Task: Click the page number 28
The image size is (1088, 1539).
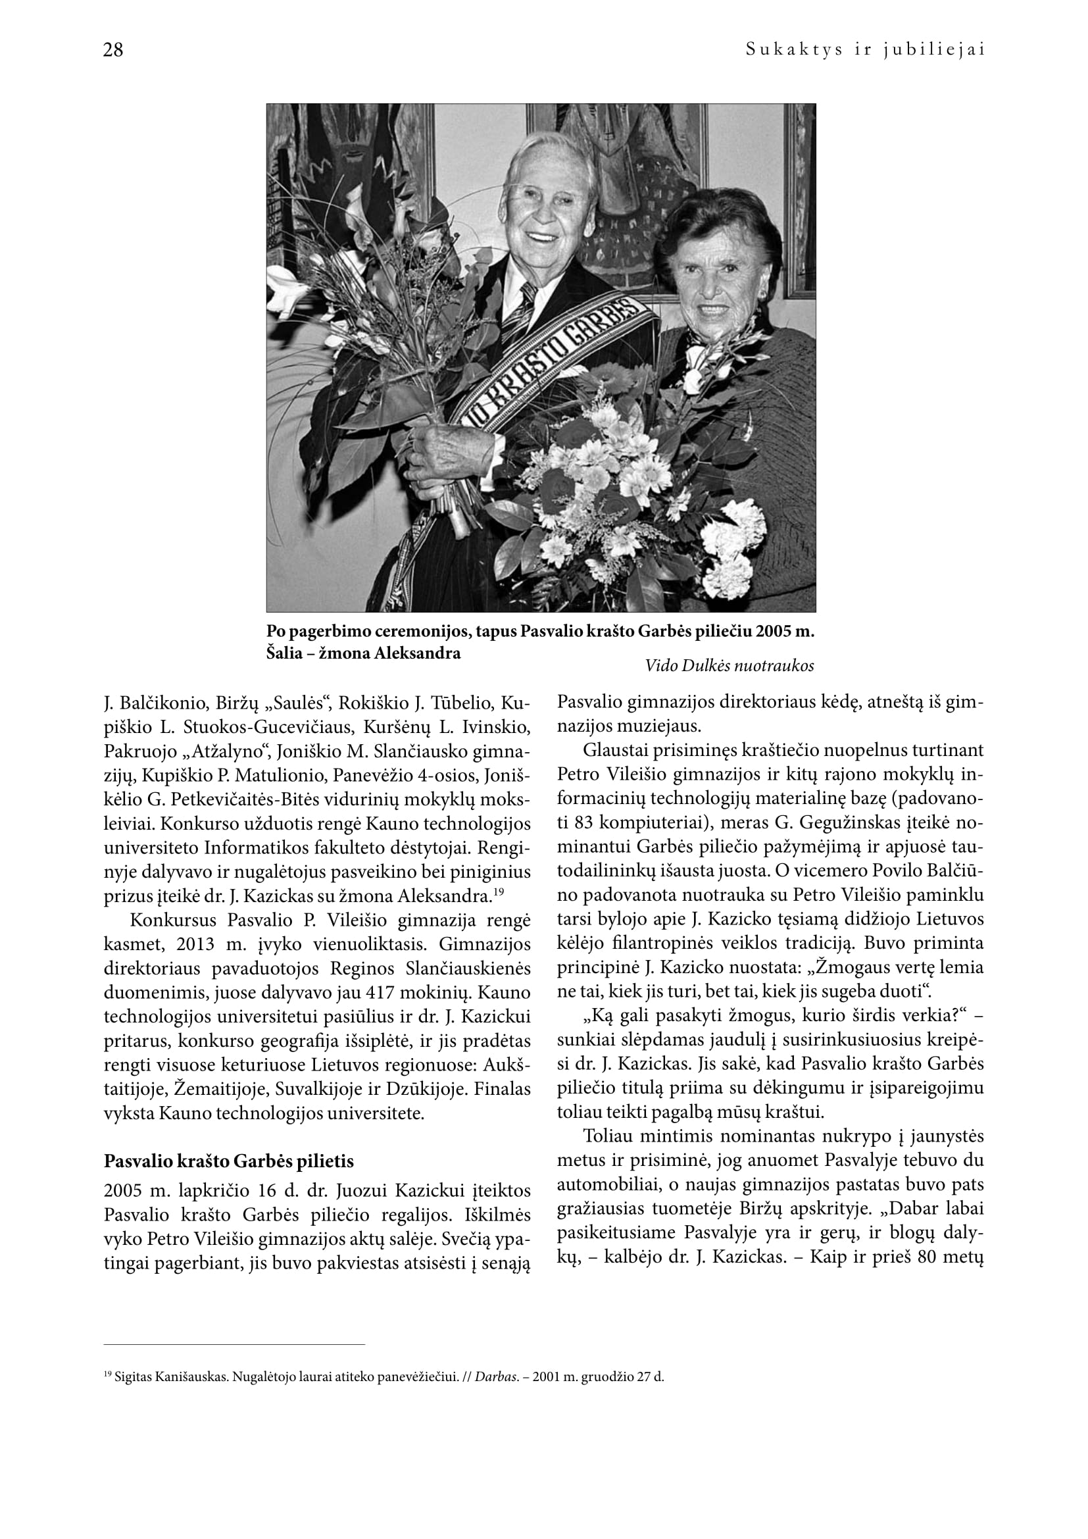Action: [x=113, y=50]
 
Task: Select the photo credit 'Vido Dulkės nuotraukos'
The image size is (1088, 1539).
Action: [x=729, y=666]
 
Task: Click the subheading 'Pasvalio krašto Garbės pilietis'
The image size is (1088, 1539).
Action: [x=228, y=1161]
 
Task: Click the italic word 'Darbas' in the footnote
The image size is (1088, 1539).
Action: [x=497, y=1377]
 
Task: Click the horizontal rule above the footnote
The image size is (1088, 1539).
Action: [x=234, y=1345]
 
